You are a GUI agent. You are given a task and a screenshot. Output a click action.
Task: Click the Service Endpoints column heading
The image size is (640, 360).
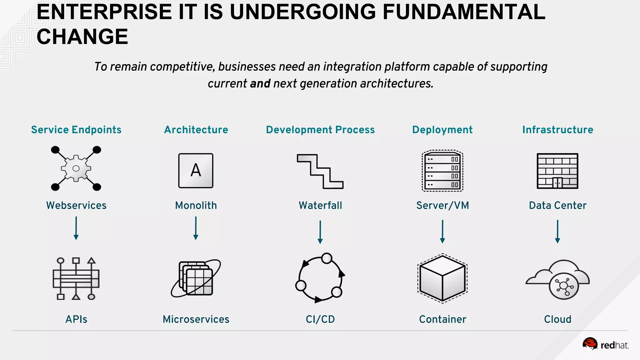pos(76,130)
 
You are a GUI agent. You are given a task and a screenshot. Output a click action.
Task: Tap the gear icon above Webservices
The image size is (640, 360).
pos(76,168)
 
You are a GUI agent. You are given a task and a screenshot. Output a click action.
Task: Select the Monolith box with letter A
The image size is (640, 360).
pos(196,171)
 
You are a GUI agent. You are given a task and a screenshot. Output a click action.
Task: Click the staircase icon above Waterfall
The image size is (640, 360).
pos(320,171)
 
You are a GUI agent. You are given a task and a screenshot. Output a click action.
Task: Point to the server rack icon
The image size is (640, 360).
pos(442,171)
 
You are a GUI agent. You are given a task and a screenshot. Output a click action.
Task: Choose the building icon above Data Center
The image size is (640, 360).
pos(557,171)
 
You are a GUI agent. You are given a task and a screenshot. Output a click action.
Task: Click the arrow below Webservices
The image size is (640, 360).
pos(76,228)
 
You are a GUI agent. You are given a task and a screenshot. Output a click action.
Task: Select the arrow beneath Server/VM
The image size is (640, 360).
pos(442,232)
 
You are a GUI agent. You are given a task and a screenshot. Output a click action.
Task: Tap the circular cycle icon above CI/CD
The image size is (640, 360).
pos(320,277)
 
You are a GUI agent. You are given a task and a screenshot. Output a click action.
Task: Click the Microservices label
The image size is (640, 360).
pos(196,319)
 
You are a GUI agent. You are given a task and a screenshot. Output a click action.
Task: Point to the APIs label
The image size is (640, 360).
pos(76,319)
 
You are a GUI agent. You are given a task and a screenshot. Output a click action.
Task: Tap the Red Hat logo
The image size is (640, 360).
pos(605,345)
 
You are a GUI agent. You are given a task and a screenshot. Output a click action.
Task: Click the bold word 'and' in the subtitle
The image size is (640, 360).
pos(260,84)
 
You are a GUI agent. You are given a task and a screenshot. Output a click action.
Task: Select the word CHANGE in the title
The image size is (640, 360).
pos(82,37)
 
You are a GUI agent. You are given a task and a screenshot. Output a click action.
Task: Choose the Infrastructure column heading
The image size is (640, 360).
pos(558,130)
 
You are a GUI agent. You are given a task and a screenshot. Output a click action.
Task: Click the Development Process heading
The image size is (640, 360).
pos(320,130)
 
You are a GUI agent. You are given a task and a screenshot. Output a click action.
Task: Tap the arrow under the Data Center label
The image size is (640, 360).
pos(557,232)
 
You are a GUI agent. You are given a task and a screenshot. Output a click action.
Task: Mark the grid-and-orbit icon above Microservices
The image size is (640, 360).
pos(196,278)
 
